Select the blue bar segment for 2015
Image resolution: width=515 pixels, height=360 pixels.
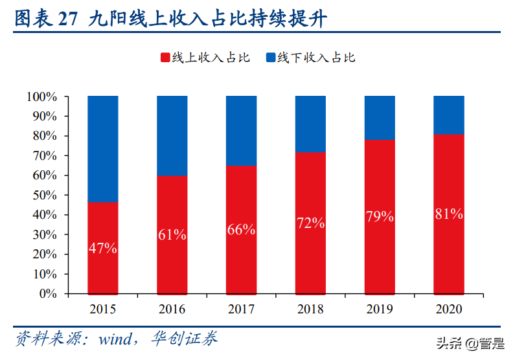coord(103,149)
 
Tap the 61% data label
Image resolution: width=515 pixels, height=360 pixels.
coord(172,235)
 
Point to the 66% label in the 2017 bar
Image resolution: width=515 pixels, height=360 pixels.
coord(241,229)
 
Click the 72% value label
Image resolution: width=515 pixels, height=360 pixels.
coord(310,223)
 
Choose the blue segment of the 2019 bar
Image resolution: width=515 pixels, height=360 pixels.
coord(380,117)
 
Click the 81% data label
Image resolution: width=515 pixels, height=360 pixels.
coord(448,214)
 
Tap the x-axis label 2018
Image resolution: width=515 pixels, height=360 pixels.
coord(310,309)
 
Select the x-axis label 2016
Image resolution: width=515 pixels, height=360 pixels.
coord(172,309)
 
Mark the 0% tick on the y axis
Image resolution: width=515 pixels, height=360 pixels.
coord(47,293)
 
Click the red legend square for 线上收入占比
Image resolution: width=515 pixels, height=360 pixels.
coord(165,58)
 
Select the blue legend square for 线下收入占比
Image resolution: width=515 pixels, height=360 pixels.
coord(271,58)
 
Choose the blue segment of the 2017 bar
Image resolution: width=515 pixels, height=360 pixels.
coord(241,131)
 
